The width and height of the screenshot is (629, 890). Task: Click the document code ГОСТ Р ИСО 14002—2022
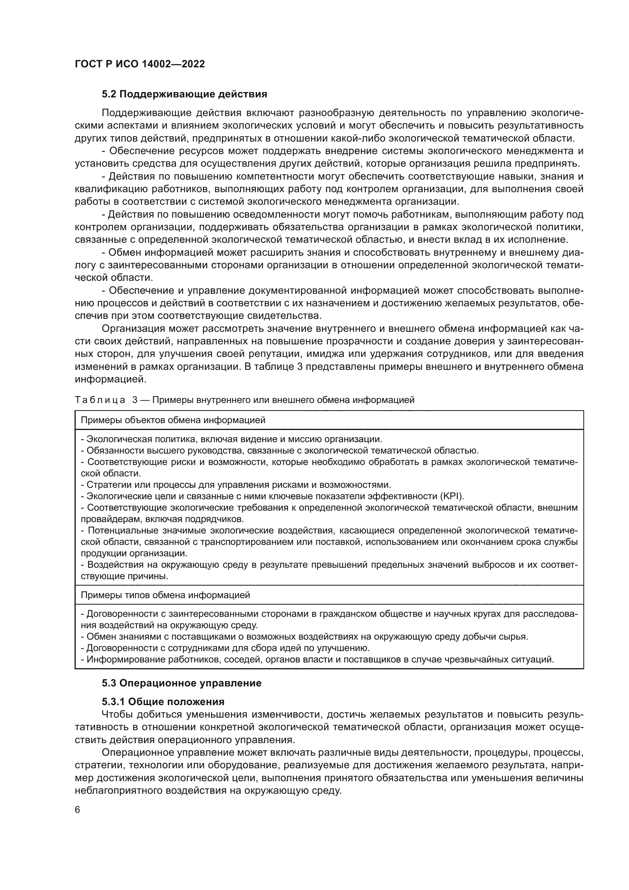coord(140,64)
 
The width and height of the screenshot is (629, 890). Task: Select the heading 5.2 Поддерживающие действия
coord(184,94)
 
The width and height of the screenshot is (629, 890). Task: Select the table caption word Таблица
coord(100,400)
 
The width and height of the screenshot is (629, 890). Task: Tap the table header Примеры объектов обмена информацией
coord(173,420)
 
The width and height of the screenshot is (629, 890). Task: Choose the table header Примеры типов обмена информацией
coord(165,595)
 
